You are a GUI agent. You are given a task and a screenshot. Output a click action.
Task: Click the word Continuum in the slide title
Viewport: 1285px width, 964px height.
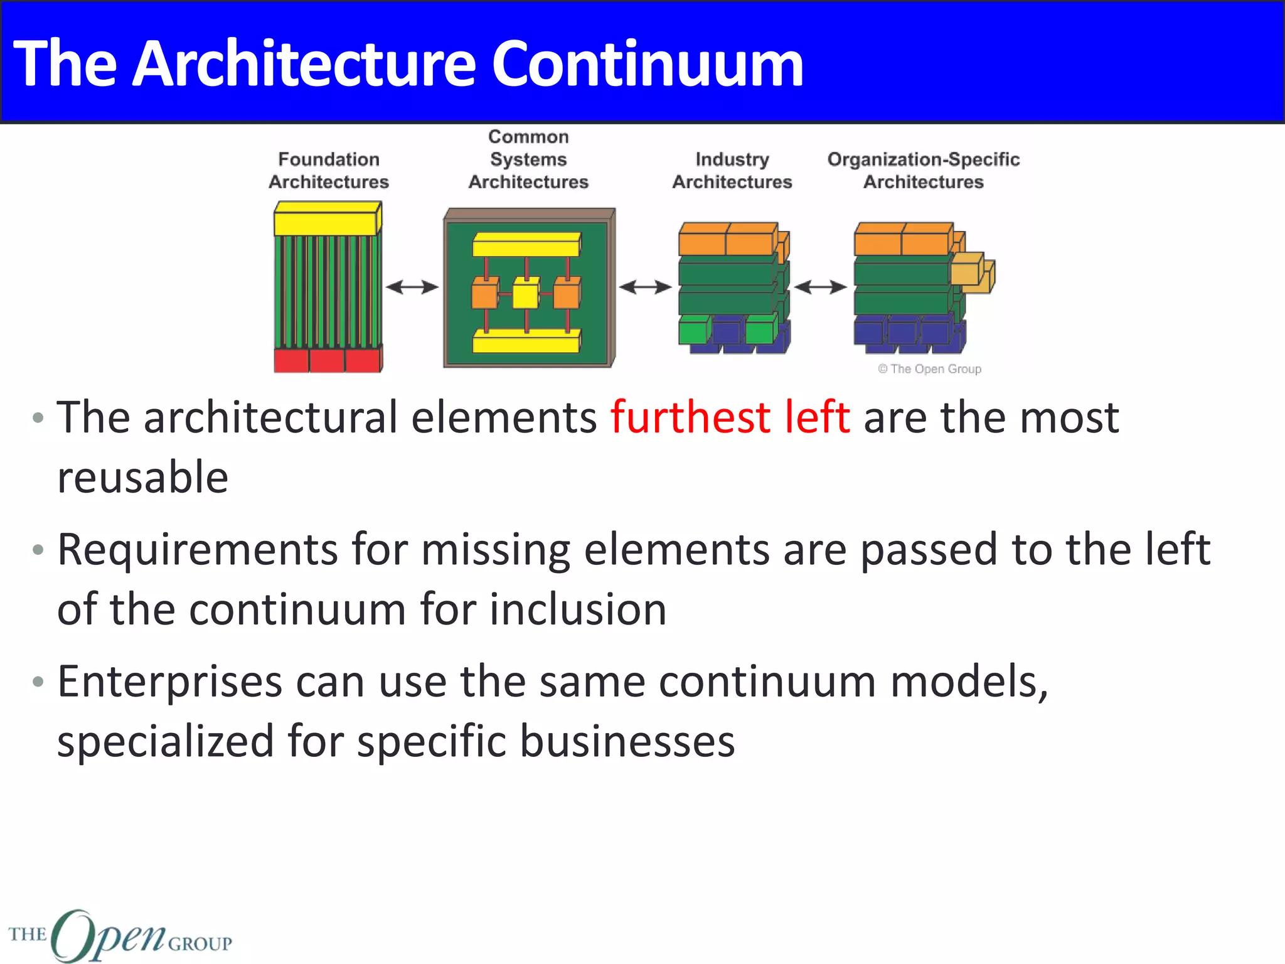coord(647,64)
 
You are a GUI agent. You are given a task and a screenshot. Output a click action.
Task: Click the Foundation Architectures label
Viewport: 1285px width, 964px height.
coord(329,171)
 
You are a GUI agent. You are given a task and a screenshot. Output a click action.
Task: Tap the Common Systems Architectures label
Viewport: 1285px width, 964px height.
coord(528,159)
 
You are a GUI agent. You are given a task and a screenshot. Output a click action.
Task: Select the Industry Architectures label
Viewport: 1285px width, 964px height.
coord(732,171)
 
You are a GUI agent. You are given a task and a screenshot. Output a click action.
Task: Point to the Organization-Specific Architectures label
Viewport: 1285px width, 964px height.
coord(924,171)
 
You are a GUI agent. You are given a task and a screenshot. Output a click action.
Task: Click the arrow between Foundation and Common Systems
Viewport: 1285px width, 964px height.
coord(412,287)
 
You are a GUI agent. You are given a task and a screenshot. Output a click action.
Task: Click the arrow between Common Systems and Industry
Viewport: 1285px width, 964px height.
coord(645,287)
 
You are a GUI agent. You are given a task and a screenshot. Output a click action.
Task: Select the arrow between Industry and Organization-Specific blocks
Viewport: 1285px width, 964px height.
coord(820,287)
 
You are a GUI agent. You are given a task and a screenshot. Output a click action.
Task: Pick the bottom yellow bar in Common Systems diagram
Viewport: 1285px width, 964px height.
coord(526,343)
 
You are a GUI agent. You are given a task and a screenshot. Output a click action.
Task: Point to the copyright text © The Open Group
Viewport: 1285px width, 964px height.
coord(930,369)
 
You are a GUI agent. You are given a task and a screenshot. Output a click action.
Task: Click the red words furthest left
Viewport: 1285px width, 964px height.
coord(730,417)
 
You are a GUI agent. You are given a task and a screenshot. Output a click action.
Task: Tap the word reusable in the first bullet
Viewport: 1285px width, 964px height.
coord(142,477)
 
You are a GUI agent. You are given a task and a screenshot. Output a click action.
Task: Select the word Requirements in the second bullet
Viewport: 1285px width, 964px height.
coord(198,550)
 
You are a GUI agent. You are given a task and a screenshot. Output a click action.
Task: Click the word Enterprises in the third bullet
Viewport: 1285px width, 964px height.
coord(169,682)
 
